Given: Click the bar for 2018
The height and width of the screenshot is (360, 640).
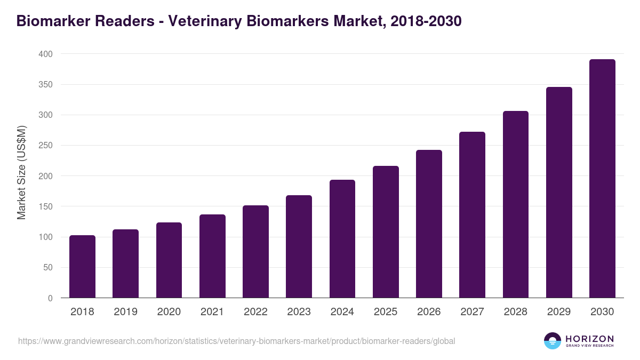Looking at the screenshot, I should pyautogui.click(x=82, y=267).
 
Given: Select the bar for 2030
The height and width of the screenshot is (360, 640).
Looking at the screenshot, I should pyautogui.click(x=602, y=179).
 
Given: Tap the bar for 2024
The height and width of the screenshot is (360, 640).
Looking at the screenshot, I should pyautogui.click(x=342, y=239).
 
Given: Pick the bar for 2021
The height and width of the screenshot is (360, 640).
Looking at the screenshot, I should pyautogui.click(x=212, y=256).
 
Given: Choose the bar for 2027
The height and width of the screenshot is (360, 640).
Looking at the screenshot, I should pyautogui.click(x=472, y=215).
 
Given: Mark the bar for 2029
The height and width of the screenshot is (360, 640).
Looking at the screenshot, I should pyautogui.click(x=559, y=193).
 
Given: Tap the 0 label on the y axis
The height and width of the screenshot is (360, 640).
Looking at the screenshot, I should pyautogui.click(x=50, y=298).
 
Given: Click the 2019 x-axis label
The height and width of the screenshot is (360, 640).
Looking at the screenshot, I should pyautogui.click(x=125, y=312).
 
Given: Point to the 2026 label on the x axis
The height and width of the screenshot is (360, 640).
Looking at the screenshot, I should pyautogui.click(x=429, y=312).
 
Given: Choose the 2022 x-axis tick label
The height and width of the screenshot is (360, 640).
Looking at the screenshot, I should pyautogui.click(x=255, y=312).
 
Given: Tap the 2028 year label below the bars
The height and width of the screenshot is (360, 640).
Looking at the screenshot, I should pyautogui.click(x=516, y=312).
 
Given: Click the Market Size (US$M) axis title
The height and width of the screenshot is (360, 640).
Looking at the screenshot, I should pyautogui.click(x=22, y=172).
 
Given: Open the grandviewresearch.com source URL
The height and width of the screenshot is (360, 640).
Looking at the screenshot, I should pyautogui.click(x=236, y=341).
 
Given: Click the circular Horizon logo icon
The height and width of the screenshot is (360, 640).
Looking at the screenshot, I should pyautogui.click(x=553, y=341).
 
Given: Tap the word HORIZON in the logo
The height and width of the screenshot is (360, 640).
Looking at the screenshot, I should pyautogui.click(x=589, y=339).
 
